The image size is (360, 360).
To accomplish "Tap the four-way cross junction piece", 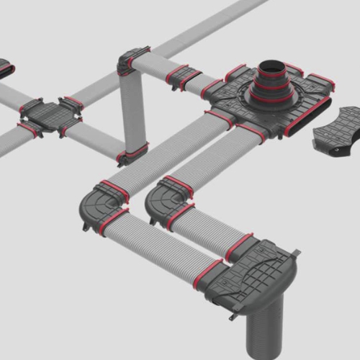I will pyautogui.click(x=48, y=115).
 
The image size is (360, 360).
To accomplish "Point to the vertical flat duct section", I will pyautogui.click(x=133, y=108).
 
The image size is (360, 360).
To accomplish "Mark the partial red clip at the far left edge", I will pyautogui.click(x=5, y=69).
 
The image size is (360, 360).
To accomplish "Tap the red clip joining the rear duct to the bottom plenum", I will pyautogui.click(x=238, y=247).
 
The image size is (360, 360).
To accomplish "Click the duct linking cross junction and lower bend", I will pyautogui.click(x=94, y=140).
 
